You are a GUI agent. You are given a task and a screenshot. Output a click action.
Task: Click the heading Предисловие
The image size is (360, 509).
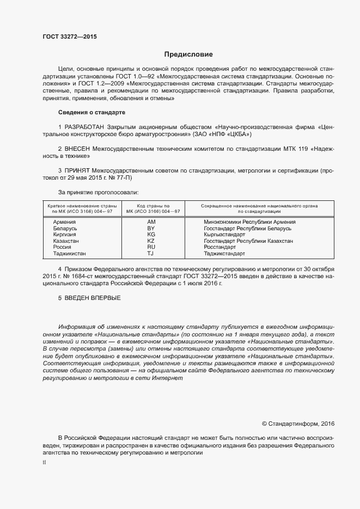[189, 54]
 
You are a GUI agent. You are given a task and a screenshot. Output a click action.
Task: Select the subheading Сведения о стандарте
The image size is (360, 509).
[91, 112]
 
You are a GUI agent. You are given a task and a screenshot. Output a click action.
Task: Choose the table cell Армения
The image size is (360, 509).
[64, 222]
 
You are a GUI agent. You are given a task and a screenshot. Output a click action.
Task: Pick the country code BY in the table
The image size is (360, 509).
[151, 229]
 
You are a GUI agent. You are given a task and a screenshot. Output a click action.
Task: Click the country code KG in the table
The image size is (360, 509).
[151, 235]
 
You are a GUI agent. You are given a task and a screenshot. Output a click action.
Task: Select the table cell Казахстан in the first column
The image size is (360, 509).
[66, 241]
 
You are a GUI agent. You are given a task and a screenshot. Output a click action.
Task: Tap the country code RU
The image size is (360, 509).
[151, 247]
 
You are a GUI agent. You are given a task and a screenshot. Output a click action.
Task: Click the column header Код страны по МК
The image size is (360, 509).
[151, 208]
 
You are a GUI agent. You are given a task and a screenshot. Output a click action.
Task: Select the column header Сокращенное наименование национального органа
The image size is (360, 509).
[259, 208]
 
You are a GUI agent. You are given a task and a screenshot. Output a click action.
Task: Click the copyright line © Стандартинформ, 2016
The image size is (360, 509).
[298, 423]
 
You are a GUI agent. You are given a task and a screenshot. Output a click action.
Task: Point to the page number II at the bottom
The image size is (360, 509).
[44, 463]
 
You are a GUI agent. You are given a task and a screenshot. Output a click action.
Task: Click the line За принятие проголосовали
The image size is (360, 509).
[98, 192]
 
